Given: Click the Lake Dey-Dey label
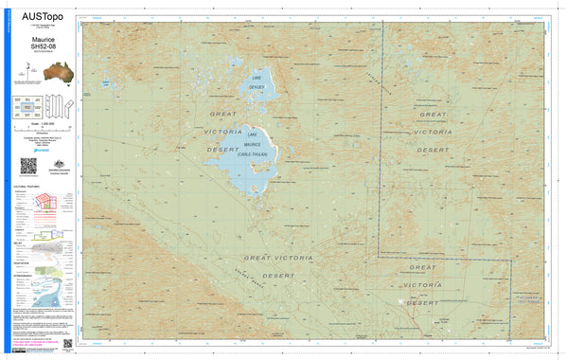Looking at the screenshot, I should coord(257,82).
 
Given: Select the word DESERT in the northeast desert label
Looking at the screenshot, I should coord(435,150).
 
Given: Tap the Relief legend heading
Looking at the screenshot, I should coord(18,242).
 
